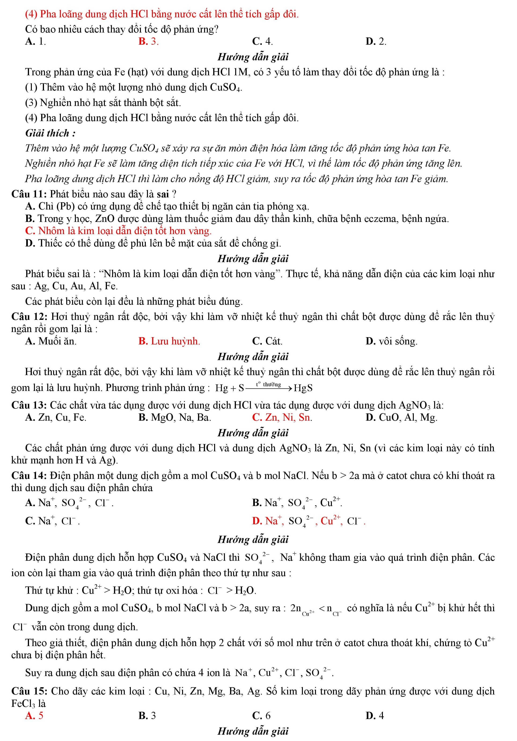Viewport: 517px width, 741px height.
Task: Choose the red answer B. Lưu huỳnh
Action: (169, 341)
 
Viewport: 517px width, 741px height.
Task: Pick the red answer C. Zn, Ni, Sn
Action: (282, 418)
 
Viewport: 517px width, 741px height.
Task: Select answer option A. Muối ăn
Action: (51, 341)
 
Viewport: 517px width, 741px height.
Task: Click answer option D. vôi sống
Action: (391, 341)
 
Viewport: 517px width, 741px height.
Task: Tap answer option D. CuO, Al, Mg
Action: (401, 418)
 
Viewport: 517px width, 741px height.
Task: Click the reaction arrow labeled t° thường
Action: (268, 387)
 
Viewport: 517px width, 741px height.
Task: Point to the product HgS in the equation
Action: (303, 388)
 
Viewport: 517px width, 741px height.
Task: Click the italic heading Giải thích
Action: (50, 133)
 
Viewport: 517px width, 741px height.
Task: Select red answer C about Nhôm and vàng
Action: (118, 231)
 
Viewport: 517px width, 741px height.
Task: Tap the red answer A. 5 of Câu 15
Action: (34, 716)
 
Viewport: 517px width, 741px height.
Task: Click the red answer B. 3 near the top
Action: (148, 41)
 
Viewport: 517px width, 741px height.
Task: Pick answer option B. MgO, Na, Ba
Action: (175, 418)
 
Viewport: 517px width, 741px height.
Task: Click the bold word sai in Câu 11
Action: (163, 194)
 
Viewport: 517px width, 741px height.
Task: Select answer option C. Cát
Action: (267, 341)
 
